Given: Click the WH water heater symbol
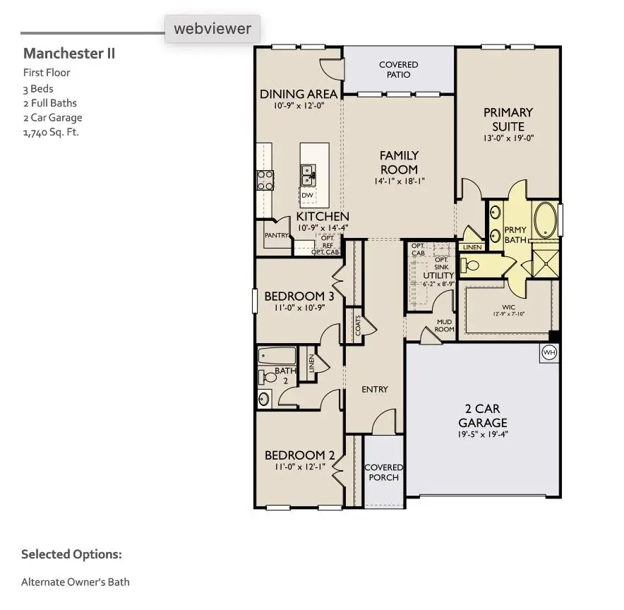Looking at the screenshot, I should pos(548,352).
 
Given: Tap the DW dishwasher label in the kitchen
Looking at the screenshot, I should pos(308,196).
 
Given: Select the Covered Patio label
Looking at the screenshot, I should pos(398,69).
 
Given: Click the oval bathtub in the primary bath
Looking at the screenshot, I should pos(544,220).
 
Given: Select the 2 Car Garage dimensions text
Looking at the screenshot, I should pos(482,434).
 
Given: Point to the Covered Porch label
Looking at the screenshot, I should pos(383,472).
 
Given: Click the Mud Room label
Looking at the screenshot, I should pos(444,325).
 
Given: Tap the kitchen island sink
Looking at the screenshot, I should pos(308,172).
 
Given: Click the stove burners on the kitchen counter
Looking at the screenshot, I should pos(265,181).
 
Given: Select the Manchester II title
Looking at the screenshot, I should pos(69,54).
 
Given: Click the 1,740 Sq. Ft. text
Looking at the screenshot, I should pos(51,132).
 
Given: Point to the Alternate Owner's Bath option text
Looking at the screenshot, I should pos(76,582).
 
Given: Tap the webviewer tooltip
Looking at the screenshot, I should pos(212,29).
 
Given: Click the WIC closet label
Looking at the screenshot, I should pos(508,307).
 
